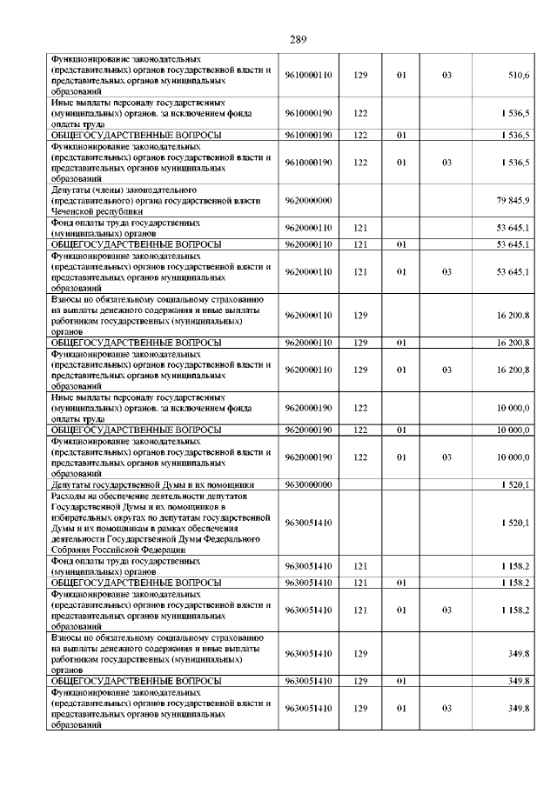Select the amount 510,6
tap(519, 76)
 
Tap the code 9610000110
tap(308, 76)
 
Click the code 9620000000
tap(308, 201)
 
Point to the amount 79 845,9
tap(513, 201)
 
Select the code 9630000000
tap(308, 484)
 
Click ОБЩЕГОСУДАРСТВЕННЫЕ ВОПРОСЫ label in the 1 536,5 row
tap(136, 136)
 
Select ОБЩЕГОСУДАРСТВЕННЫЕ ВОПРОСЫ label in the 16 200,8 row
tap(136, 343)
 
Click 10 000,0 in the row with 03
tap(513, 457)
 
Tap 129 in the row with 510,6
tap(360, 76)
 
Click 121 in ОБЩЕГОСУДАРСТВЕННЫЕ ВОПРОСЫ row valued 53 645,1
tap(360, 244)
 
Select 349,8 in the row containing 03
tap(520, 708)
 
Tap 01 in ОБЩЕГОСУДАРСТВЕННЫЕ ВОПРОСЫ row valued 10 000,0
tap(402, 430)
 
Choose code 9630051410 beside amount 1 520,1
tap(308, 523)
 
